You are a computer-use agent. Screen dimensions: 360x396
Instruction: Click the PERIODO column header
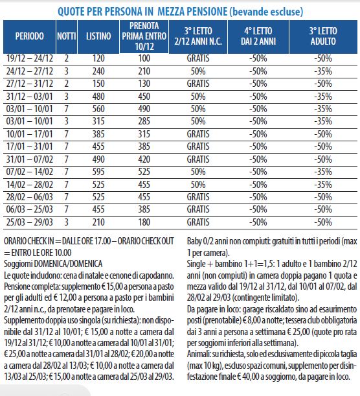click(x=30, y=36)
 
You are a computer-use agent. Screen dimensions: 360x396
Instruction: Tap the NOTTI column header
click(x=66, y=36)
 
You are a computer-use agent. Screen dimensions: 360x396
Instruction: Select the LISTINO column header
click(x=98, y=36)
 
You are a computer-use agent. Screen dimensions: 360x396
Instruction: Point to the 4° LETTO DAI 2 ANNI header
click(x=258, y=36)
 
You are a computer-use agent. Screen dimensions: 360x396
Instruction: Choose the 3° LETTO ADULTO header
click(x=323, y=36)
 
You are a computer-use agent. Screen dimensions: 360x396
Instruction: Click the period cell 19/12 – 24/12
click(x=30, y=58)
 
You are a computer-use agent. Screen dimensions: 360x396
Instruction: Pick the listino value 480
click(x=98, y=97)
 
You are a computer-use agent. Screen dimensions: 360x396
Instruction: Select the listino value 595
click(x=98, y=172)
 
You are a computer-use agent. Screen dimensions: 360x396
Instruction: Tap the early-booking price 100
click(x=144, y=58)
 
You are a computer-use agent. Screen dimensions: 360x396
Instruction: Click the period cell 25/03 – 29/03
click(x=30, y=222)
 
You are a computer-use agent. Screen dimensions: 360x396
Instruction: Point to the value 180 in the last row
click(x=144, y=222)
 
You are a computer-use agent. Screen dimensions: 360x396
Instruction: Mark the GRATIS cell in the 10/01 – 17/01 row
click(x=198, y=134)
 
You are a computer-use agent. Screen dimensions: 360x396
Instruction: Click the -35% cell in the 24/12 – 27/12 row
click(x=323, y=71)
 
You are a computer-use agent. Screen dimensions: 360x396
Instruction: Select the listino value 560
click(x=98, y=109)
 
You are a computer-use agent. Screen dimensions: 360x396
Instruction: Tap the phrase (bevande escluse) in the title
click(x=266, y=12)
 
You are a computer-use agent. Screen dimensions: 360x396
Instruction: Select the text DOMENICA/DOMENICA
click(x=68, y=264)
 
